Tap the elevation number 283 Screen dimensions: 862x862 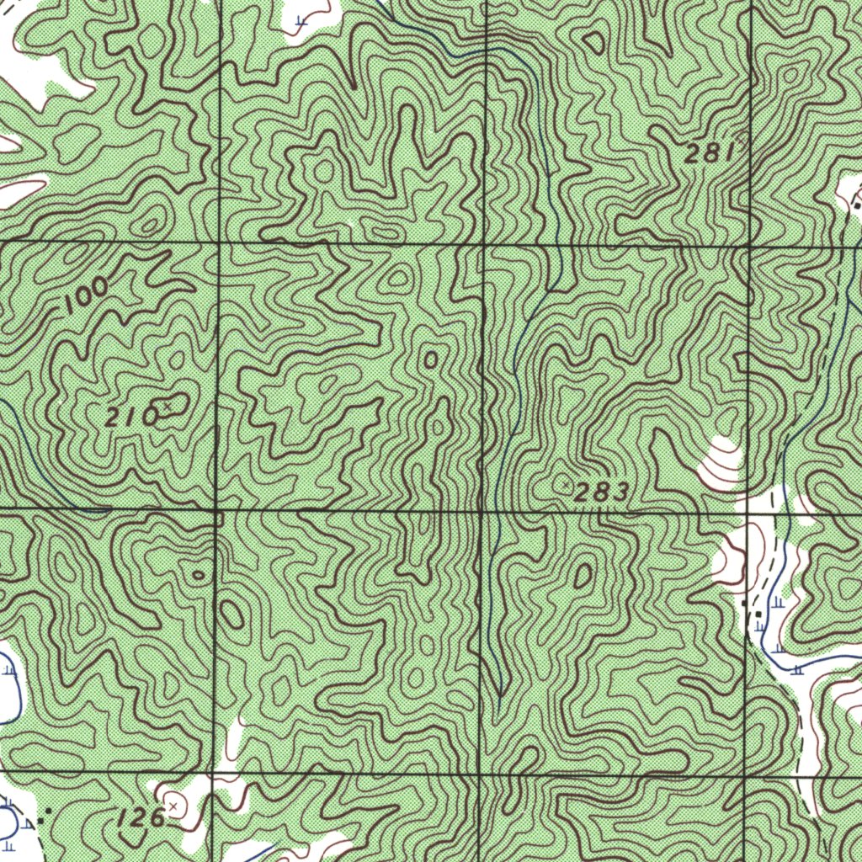[x=600, y=493]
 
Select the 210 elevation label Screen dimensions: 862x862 [x=132, y=416]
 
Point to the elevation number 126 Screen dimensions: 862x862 [x=140, y=817]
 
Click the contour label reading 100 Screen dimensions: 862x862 [x=86, y=296]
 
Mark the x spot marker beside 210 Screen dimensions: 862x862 [x=167, y=407]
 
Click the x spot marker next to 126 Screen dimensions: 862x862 [x=173, y=806]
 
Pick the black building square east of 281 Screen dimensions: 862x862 [x=857, y=205]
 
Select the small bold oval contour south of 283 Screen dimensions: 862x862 [x=583, y=576]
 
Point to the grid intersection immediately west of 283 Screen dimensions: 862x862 [x=482, y=510]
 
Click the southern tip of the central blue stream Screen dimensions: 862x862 [x=500, y=695]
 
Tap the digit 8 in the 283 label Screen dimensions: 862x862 [x=600, y=493]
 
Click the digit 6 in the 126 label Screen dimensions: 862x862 [x=156, y=819]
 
